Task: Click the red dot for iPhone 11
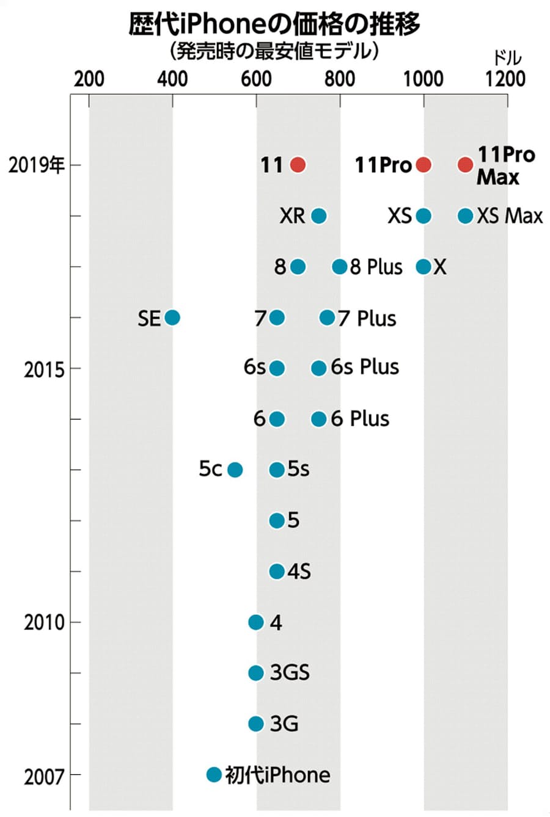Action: coord(298,165)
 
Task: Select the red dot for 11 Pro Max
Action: coord(465,165)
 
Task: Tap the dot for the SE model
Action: coord(172,318)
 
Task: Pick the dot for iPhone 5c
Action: coord(235,470)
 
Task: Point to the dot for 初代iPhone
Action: coord(213,774)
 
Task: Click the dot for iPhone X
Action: coord(423,267)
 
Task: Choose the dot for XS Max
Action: coord(465,216)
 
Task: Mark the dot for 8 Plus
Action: coord(340,267)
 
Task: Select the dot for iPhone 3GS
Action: coord(256,673)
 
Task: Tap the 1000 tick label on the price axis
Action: coord(423,79)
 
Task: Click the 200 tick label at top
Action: coord(89,79)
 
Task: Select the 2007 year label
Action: coord(44,777)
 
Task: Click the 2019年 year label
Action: coord(37,165)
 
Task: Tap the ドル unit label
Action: coord(507,58)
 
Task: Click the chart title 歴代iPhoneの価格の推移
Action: coord(274,25)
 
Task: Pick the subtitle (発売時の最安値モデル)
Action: coord(274,51)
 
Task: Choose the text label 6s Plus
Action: coord(365,368)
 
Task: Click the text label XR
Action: coord(292,216)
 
